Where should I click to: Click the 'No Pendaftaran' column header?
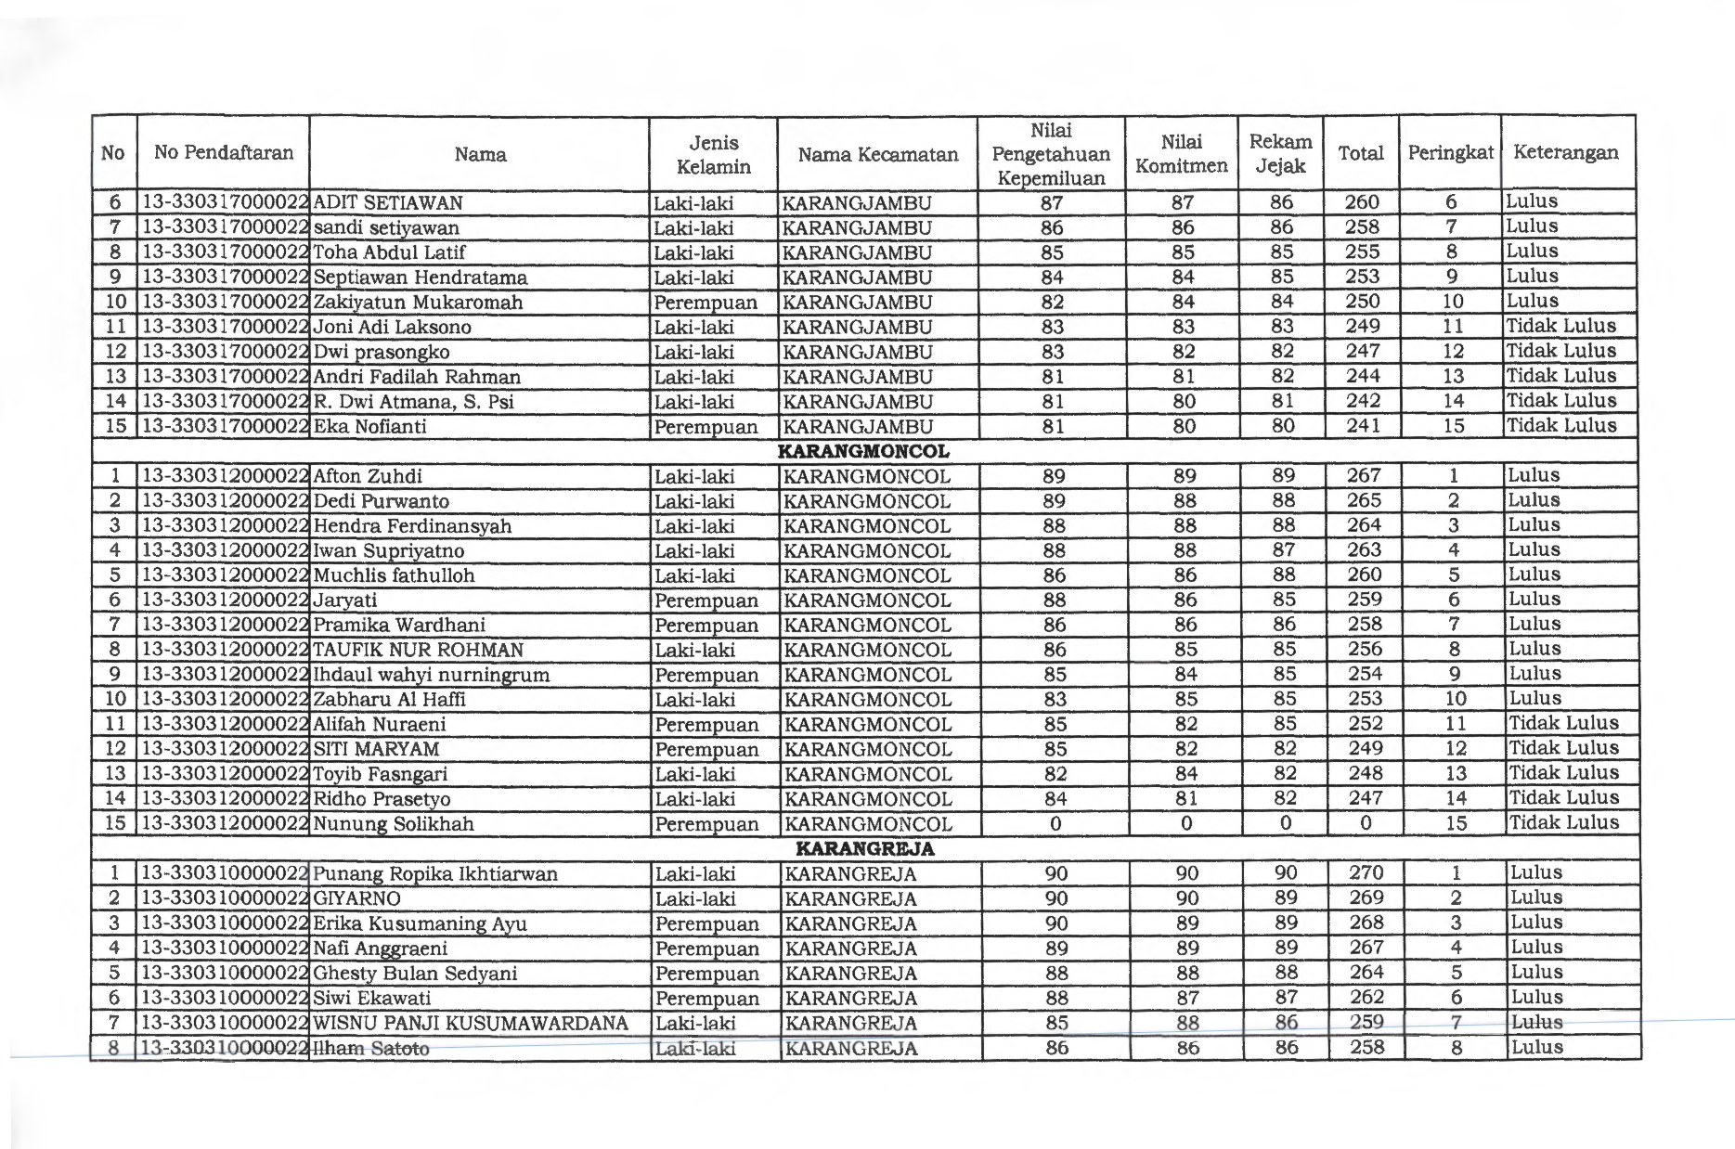pyautogui.click(x=224, y=153)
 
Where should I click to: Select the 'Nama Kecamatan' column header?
pyautogui.click(x=877, y=155)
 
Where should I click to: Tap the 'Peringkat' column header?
pyautogui.click(x=1450, y=153)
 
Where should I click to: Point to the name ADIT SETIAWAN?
pyautogui.click(x=388, y=203)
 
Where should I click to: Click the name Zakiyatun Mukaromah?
pyautogui.click(x=418, y=303)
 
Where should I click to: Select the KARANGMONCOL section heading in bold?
pyautogui.click(x=862, y=452)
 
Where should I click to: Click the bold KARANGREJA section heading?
pyautogui.click(x=865, y=849)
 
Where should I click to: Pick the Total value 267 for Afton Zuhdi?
pyautogui.click(x=1364, y=476)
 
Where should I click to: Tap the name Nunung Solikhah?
pyautogui.click(x=394, y=824)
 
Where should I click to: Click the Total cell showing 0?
pyautogui.click(x=1366, y=823)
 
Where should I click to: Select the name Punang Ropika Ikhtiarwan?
pyautogui.click(x=435, y=874)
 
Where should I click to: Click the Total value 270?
pyautogui.click(x=1366, y=873)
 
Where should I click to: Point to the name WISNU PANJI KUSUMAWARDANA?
pyautogui.click(x=471, y=1024)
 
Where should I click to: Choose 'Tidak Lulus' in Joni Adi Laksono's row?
pyautogui.click(x=1560, y=327)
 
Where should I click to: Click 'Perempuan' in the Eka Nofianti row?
pyautogui.click(x=706, y=427)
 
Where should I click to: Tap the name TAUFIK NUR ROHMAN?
pyautogui.click(x=419, y=651)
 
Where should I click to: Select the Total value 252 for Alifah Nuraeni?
pyautogui.click(x=1365, y=724)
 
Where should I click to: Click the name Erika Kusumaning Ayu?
pyautogui.click(x=420, y=924)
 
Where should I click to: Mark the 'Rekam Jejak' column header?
pyautogui.click(x=1280, y=154)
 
